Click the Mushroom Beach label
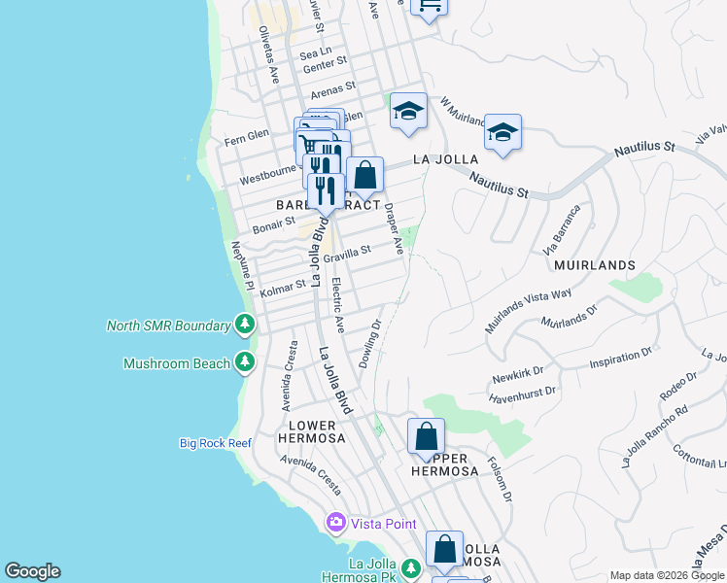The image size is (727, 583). tap(177, 363)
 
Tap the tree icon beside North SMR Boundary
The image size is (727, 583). tap(246, 325)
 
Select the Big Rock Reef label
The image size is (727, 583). tap(216, 443)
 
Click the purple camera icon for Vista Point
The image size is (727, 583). tap(336, 523)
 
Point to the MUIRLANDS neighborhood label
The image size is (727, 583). tap(595, 264)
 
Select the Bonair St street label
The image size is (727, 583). tap(273, 225)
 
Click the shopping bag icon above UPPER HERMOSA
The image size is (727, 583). tap(426, 436)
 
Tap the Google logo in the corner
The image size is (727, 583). tap(32, 571)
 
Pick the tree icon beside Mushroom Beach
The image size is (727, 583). tap(246, 363)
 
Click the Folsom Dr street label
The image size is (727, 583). tap(500, 480)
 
